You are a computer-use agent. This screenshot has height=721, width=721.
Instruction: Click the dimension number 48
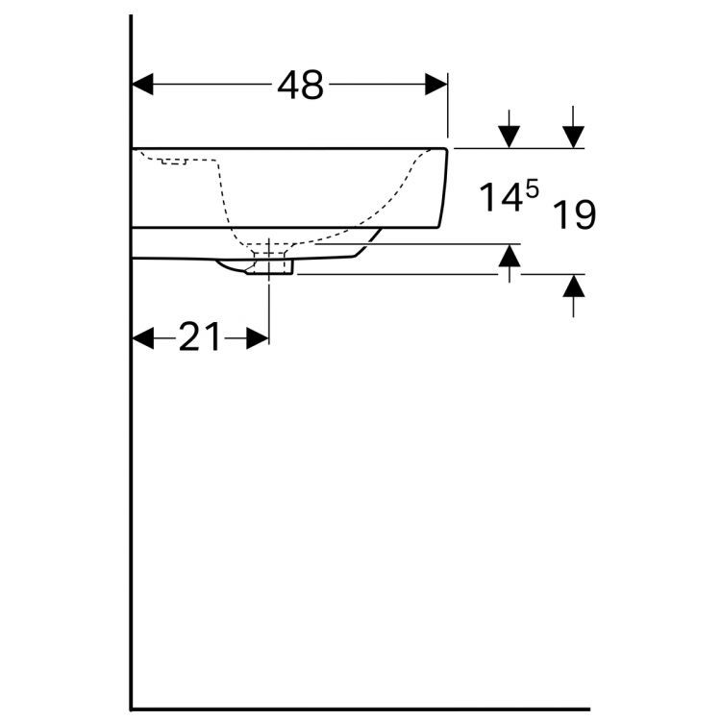300,86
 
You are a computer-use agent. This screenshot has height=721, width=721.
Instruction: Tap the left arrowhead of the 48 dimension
142,85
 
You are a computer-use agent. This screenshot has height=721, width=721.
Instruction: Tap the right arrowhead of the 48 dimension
436,85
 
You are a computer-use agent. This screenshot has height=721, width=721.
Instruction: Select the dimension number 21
200,337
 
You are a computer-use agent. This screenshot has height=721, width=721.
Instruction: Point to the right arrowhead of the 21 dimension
258,337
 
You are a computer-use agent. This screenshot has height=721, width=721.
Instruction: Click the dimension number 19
575,214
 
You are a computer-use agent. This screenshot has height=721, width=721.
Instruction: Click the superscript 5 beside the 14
530,190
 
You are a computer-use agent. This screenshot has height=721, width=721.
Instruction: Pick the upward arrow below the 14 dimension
510,257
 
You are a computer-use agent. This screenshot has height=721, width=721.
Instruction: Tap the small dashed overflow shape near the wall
173,160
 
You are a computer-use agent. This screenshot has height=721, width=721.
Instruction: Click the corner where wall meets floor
132,709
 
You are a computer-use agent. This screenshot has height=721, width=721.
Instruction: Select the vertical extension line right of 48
448,106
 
